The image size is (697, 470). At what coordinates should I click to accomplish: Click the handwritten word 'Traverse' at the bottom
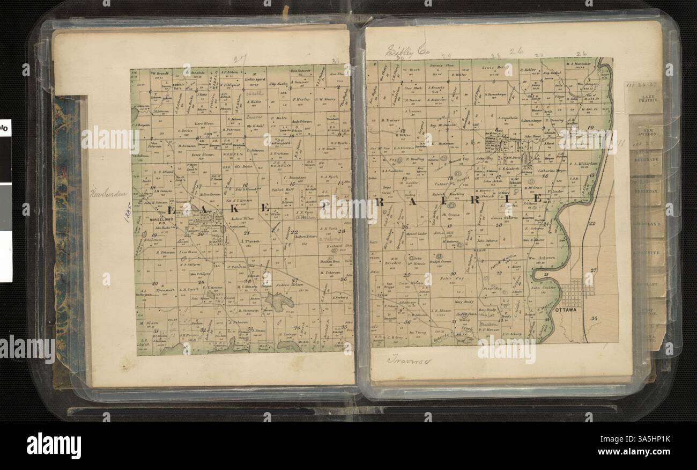[x=410, y=359]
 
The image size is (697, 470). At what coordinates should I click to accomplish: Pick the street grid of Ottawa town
[x=576, y=292]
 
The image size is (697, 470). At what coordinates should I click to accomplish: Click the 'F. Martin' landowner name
[x=302, y=98]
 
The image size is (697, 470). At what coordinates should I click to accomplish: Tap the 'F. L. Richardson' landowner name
[x=582, y=164]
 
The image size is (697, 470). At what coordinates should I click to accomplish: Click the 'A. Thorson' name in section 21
[x=249, y=241]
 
